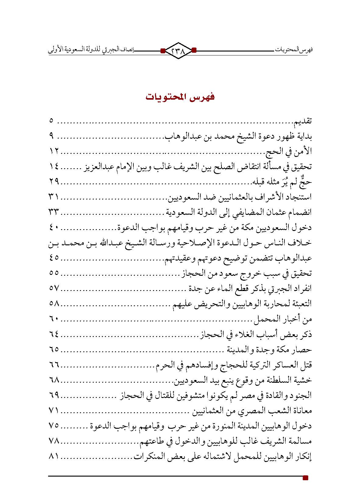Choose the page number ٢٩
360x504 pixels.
pos(54,182)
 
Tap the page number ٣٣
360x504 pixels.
pos(54,212)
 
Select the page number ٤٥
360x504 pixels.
pos(54,258)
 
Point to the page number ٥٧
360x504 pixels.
pos(54,289)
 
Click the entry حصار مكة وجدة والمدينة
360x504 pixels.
pos(270,350)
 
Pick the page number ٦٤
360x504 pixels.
pos(54,334)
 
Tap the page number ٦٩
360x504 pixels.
pos(54,395)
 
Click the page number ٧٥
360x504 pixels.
pos(54,426)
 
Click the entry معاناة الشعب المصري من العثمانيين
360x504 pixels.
pos(251,410)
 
